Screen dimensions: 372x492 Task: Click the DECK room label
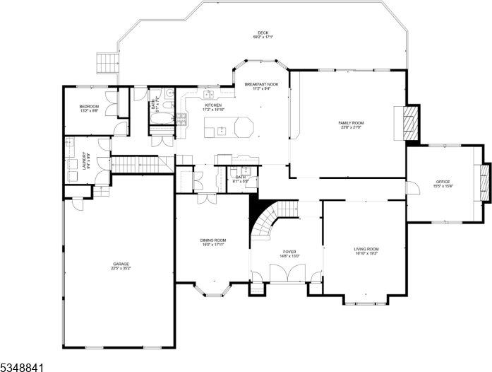pyautogui.click(x=263, y=33)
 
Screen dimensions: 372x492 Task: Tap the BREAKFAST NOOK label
pyautogui.click(x=262, y=84)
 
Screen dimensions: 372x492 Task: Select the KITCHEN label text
pyautogui.click(x=193, y=105)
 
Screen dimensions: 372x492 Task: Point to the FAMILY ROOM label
pyautogui.click(x=350, y=122)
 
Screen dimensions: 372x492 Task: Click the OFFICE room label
pyautogui.click(x=443, y=182)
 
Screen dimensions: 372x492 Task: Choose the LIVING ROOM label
pyautogui.click(x=366, y=249)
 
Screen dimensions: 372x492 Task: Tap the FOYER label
pyautogui.click(x=290, y=251)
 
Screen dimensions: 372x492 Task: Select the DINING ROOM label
pyautogui.click(x=212, y=240)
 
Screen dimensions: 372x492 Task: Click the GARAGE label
pyautogui.click(x=120, y=265)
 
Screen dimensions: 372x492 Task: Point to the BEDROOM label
pyautogui.click(x=89, y=106)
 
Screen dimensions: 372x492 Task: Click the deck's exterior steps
pyautogui.click(x=107, y=63)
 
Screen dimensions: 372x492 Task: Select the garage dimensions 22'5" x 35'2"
pyautogui.click(x=120, y=269)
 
